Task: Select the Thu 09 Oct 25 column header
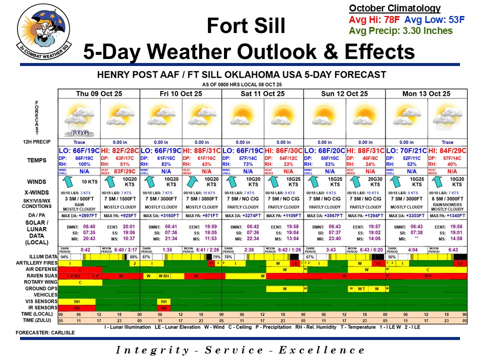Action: pos(99,93)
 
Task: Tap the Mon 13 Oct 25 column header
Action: pos(426,93)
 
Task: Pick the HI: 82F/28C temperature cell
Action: pos(120,150)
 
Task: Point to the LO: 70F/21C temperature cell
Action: pos(405,150)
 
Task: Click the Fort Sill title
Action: pos(246,25)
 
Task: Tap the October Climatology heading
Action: pos(394,8)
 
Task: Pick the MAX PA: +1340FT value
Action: pos(447,215)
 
